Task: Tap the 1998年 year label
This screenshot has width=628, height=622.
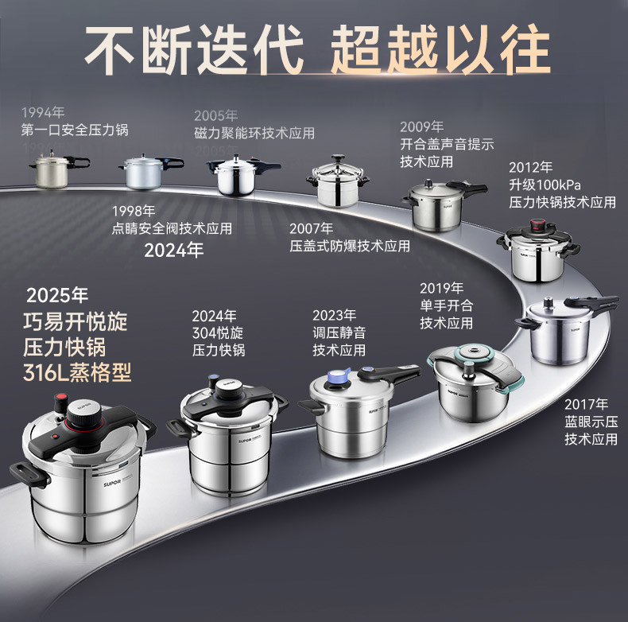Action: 134,211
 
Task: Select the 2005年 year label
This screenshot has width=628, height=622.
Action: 215,115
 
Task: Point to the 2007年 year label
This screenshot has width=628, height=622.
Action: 311,228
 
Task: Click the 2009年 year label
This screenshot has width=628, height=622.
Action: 421,127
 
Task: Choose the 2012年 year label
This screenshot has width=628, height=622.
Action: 530,168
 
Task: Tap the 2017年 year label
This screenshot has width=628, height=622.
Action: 586,403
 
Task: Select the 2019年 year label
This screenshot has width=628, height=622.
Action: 441,288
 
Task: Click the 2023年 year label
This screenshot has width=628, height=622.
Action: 334,315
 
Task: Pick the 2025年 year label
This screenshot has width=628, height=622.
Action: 57,295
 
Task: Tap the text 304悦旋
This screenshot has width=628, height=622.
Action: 218,332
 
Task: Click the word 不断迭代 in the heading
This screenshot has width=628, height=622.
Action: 194,49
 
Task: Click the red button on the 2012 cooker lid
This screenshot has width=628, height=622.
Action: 545,224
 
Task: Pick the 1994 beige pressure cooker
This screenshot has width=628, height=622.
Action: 50,170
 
